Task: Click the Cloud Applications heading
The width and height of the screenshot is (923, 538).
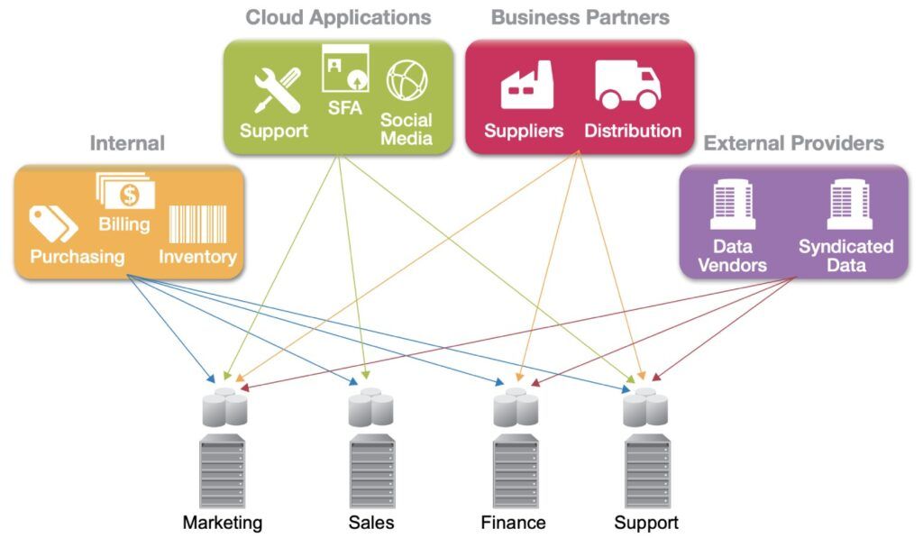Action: (339, 18)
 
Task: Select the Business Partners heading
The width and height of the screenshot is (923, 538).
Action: (580, 18)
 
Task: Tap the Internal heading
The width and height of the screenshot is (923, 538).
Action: (127, 143)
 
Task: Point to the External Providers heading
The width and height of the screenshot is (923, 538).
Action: (793, 143)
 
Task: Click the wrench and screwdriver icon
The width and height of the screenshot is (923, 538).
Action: (277, 90)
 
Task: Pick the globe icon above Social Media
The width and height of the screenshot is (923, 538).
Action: (407, 80)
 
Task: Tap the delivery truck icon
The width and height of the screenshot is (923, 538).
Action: (627, 85)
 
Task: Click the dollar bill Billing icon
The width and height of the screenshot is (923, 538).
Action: (125, 191)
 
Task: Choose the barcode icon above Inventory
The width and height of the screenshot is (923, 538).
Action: (197, 223)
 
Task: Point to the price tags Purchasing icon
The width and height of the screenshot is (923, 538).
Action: (53, 223)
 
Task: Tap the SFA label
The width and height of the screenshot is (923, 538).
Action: (345, 108)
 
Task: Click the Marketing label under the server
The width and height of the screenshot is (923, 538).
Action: (223, 522)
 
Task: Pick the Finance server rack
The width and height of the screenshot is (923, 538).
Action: (516, 471)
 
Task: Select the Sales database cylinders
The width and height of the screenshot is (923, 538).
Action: (370, 406)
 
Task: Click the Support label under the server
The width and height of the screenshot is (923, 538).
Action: (646, 522)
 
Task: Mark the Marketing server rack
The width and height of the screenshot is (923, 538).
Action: (223, 471)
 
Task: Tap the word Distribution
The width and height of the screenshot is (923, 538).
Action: (633, 131)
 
